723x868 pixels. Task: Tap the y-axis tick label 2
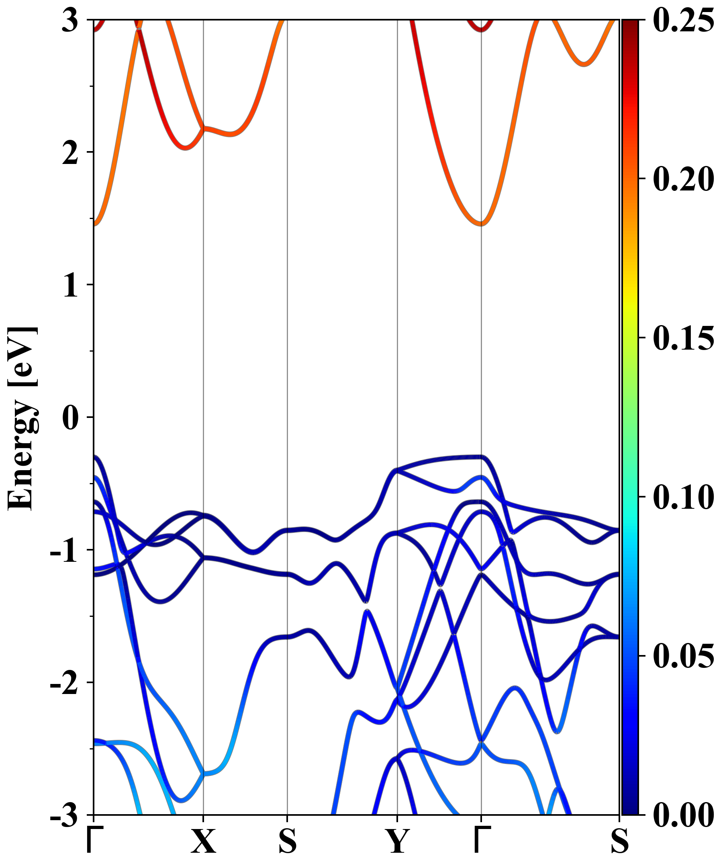point(70,154)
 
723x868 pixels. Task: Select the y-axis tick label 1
point(70,287)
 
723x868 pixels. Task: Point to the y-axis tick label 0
point(70,419)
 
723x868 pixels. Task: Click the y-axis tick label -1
point(64,552)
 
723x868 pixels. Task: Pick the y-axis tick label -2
point(64,685)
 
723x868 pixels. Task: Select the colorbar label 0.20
point(683,179)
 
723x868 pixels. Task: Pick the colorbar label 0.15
point(683,338)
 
